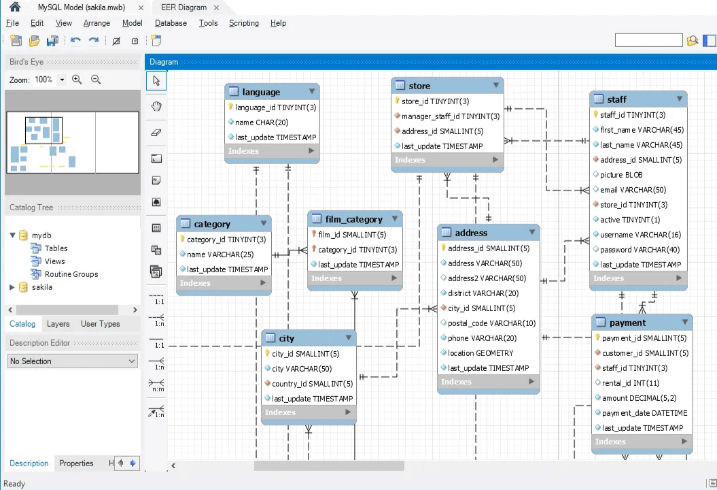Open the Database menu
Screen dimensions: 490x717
click(171, 23)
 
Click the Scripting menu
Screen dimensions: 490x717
click(243, 23)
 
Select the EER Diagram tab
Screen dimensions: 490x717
click(183, 7)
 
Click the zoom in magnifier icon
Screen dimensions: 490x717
click(77, 80)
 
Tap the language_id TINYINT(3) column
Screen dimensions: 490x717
click(275, 108)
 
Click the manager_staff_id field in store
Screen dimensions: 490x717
click(450, 116)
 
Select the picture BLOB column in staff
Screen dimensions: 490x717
click(621, 175)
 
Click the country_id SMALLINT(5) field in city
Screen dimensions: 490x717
click(312, 384)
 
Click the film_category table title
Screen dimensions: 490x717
click(353, 220)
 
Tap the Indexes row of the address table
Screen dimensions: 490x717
click(489, 382)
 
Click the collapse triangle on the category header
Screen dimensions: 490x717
click(264, 223)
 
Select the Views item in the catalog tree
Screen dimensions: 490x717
click(54, 261)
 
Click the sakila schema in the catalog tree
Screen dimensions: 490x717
click(41, 287)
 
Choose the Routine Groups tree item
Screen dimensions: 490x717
click(71, 274)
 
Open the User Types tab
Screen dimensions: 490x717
click(100, 324)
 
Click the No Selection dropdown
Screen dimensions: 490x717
click(73, 361)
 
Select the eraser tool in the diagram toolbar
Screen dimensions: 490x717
click(156, 132)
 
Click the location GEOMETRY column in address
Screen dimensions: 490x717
click(480, 353)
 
